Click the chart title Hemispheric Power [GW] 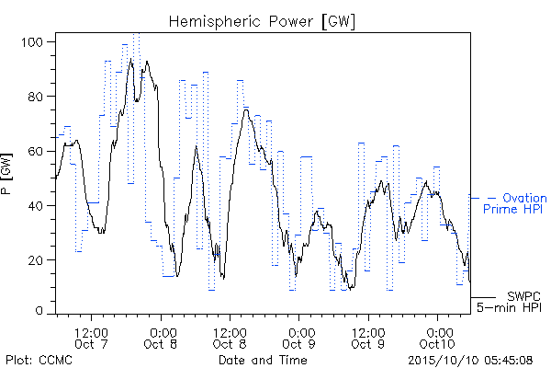click(x=262, y=22)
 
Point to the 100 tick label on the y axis click(x=32, y=42)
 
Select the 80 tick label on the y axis click(x=35, y=97)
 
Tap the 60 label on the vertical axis click(x=35, y=152)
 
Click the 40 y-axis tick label click(x=35, y=206)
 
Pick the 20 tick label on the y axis click(x=35, y=260)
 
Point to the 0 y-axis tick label click(x=39, y=311)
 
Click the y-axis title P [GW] click(x=6, y=174)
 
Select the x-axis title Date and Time click(x=263, y=360)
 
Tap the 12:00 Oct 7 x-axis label click(x=91, y=338)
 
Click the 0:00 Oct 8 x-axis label click(x=161, y=338)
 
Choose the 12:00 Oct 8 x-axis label click(x=230, y=338)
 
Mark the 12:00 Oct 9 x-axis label click(x=368, y=338)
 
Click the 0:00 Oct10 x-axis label click(x=437, y=338)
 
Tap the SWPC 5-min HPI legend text click(x=509, y=302)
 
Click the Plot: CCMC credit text click(x=39, y=360)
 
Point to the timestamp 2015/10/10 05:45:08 click(x=470, y=360)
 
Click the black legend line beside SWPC click(x=483, y=297)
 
